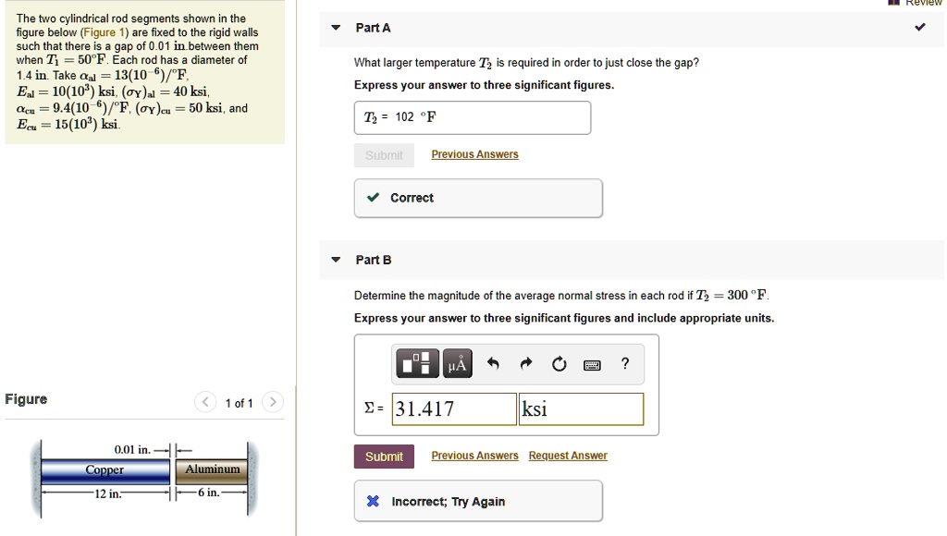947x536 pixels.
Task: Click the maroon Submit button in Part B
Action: click(384, 457)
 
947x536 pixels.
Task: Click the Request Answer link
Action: click(568, 456)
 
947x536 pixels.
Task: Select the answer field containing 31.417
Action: click(454, 409)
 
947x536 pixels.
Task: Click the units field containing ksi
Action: click(581, 409)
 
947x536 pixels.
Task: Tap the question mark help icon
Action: click(625, 364)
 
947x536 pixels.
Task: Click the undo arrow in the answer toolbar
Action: click(494, 364)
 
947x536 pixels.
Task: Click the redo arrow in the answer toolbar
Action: click(526, 364)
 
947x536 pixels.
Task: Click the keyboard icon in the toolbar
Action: click(592, 365)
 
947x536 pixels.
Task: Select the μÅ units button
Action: click(457, 364)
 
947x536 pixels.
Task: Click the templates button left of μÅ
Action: click(417, 364)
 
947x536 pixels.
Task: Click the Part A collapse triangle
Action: click(336, 28)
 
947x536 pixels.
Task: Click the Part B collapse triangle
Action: click(336, 260)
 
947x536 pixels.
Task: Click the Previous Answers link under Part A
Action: click(474, 154)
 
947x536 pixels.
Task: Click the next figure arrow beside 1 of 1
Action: click(273, 402)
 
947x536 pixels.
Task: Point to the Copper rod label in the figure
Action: click(105, 469)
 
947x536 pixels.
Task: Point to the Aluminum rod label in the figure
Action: click(212, 469)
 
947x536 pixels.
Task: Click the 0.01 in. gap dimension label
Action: click(132, 449)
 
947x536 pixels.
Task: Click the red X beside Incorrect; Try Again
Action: click(373, 502)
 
